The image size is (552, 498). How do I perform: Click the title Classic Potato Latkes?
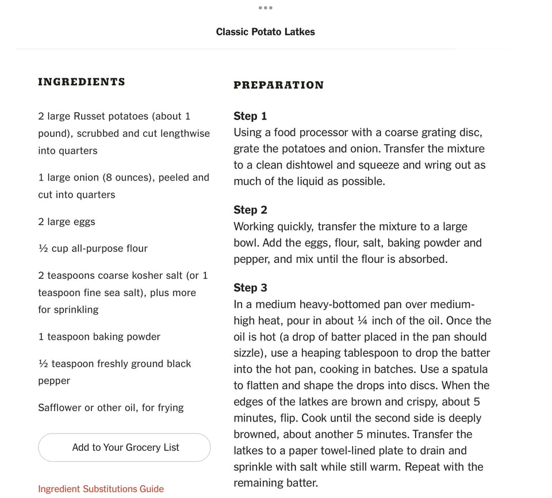tap(265, 32)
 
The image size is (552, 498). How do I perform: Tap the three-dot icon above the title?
tap(265, 7)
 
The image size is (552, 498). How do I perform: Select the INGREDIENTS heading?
tap(81, 82)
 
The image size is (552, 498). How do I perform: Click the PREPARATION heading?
tap(278, 85)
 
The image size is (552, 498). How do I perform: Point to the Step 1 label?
tap(250, 116)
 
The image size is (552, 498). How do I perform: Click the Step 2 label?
tap(250, 210)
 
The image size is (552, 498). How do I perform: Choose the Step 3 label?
tap(250, 288)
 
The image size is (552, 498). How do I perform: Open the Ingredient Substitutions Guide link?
tap(101, 489)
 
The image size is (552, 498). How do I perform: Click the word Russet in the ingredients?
tap(90, 116)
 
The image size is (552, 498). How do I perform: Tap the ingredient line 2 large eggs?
tap(67, 222)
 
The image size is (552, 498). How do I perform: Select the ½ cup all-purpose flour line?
tap(93, 248)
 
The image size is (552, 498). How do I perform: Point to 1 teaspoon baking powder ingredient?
tap(99, 337)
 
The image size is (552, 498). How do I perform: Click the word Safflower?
tap(60, 408)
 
